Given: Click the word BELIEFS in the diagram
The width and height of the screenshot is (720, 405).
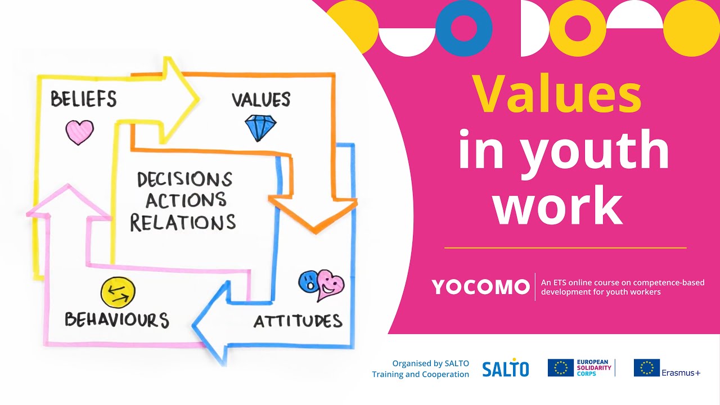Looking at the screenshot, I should (83, 99).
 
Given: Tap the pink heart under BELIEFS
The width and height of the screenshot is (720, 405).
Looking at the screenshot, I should (79, 132).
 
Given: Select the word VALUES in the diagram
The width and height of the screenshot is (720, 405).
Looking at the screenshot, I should (261, 100).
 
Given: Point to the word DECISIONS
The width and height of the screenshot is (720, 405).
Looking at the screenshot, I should (184, 179).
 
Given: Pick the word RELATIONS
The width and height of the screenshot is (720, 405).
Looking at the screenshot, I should (183, 222).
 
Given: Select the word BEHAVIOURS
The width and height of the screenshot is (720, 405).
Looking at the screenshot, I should (116, 319).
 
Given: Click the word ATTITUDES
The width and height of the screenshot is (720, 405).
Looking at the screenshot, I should (298, 321).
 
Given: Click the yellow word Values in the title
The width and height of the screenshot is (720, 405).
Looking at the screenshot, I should (556, 93).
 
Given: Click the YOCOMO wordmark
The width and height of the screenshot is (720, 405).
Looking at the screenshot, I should (481, 287).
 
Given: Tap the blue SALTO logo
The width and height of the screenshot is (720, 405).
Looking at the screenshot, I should (505, 368).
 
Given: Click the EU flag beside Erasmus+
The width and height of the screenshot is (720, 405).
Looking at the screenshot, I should (646, 368).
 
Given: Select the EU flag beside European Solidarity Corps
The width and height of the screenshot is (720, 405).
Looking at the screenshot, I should (561, 368).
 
